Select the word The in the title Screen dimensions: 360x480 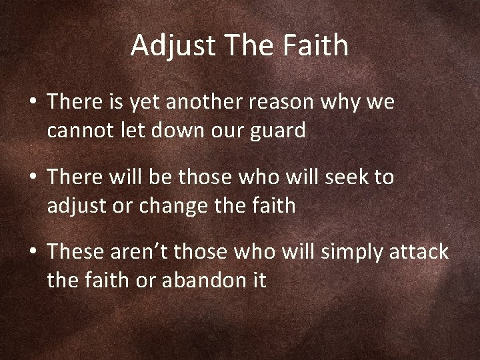245,45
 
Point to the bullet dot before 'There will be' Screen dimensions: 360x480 32,179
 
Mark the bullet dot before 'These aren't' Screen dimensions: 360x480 32,253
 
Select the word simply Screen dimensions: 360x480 342,253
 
